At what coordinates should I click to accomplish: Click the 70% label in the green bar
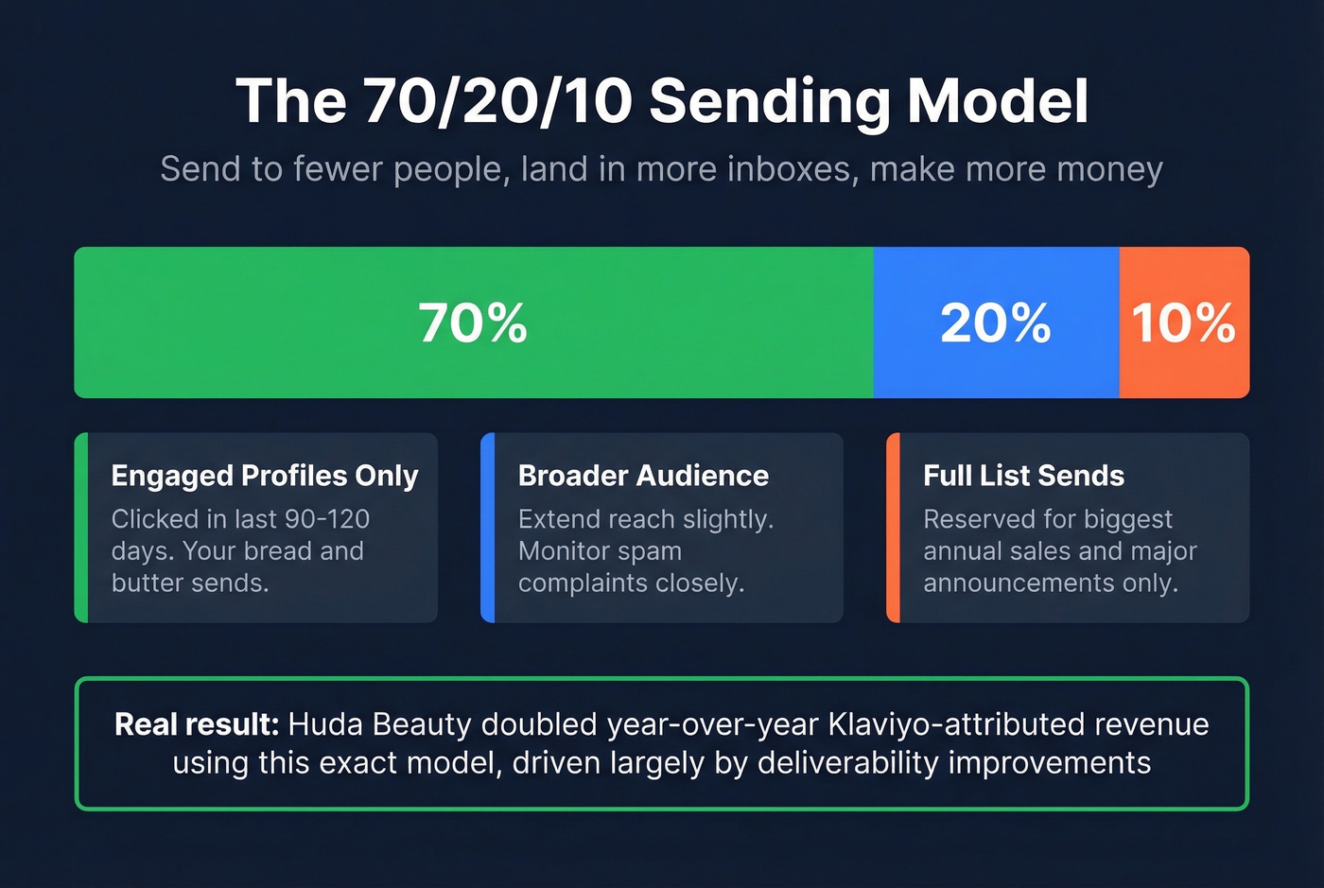[473, 322]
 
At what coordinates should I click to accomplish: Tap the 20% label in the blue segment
[995, 322]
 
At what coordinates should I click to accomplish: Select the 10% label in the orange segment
[1183, 322]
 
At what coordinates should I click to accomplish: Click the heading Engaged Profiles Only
[265, 475]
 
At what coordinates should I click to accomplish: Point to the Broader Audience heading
[643, 475]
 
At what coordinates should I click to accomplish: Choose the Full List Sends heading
[1023, 475]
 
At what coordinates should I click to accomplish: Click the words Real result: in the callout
[197, 724]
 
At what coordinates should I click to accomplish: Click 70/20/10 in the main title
[497, 101]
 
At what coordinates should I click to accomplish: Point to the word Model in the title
[998, 101]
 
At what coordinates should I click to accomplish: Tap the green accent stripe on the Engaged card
[81, 528]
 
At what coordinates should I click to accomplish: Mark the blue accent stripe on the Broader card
[488, 528]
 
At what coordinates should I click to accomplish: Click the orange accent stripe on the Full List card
[893, 528]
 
